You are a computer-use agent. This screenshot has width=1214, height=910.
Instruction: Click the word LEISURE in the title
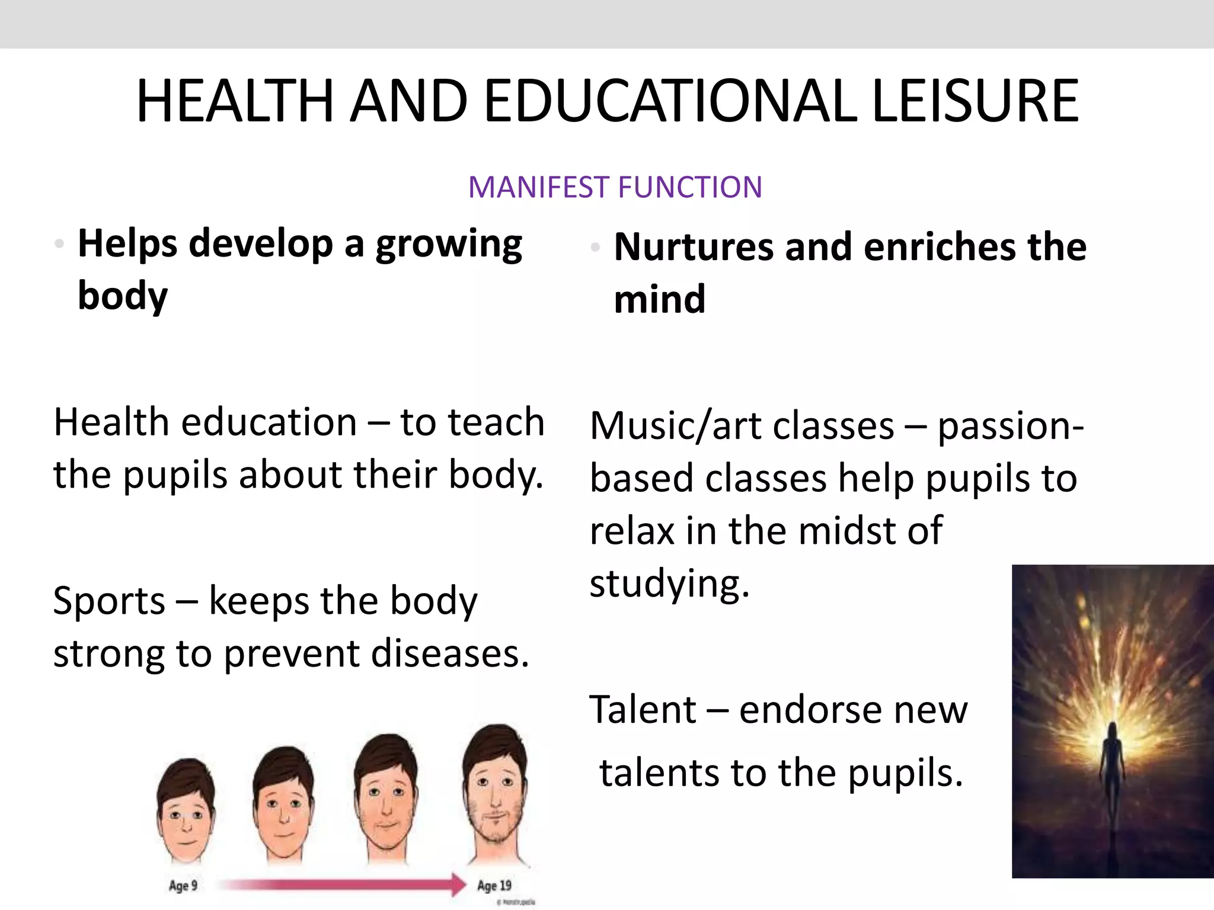(x=975, y=102)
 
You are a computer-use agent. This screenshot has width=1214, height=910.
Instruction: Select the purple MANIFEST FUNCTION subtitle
(x=615, y=187)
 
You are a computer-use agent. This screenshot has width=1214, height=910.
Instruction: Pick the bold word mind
(x=660, y=299)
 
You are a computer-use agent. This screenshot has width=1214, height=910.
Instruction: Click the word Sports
(x=109, y=601)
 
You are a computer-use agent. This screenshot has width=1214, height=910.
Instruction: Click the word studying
(x=669, y=584)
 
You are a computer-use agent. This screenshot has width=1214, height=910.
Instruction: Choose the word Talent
(x=643, y=709)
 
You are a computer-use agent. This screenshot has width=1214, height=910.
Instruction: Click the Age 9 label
(x=183, y=886)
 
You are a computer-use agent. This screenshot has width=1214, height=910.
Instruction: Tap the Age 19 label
(x=494, y=885)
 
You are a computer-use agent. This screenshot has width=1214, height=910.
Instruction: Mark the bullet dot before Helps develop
(x=59, y=243)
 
